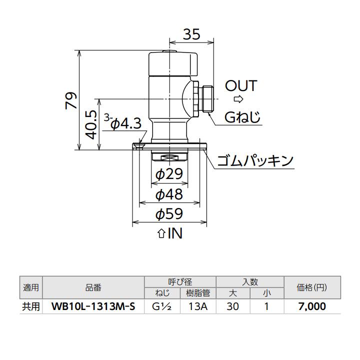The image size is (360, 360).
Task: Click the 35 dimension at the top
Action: coord(191,34)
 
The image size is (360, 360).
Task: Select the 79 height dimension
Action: coord(71,100)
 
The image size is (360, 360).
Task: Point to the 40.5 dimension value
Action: coord(91,124)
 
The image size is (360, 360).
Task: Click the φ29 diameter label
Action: coord(169,174)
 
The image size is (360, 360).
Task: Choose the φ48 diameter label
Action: coord(169,194)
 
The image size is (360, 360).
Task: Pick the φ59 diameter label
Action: coord(169,214)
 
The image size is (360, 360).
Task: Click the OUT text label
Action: coord(241,86)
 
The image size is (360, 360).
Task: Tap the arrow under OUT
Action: coord(238,99)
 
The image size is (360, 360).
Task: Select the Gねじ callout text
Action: coord(242,117)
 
